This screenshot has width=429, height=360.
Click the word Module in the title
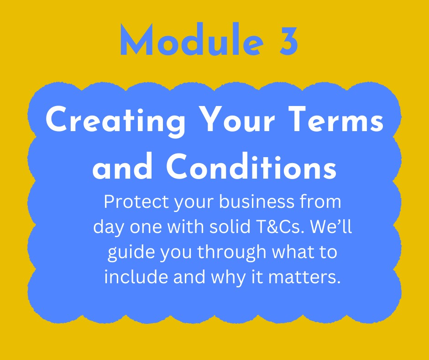click(192, 39)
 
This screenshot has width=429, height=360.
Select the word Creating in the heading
click(115, 121)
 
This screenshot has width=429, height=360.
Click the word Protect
click(136, 202)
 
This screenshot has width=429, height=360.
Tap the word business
click(256, 201)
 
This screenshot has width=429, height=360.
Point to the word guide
click(131, 253)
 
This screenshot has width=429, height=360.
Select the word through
click(232, 253)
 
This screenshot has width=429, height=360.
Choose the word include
click(136, 277)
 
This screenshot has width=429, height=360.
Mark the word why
click(228, 278)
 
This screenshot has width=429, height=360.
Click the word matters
click(304, 277)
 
